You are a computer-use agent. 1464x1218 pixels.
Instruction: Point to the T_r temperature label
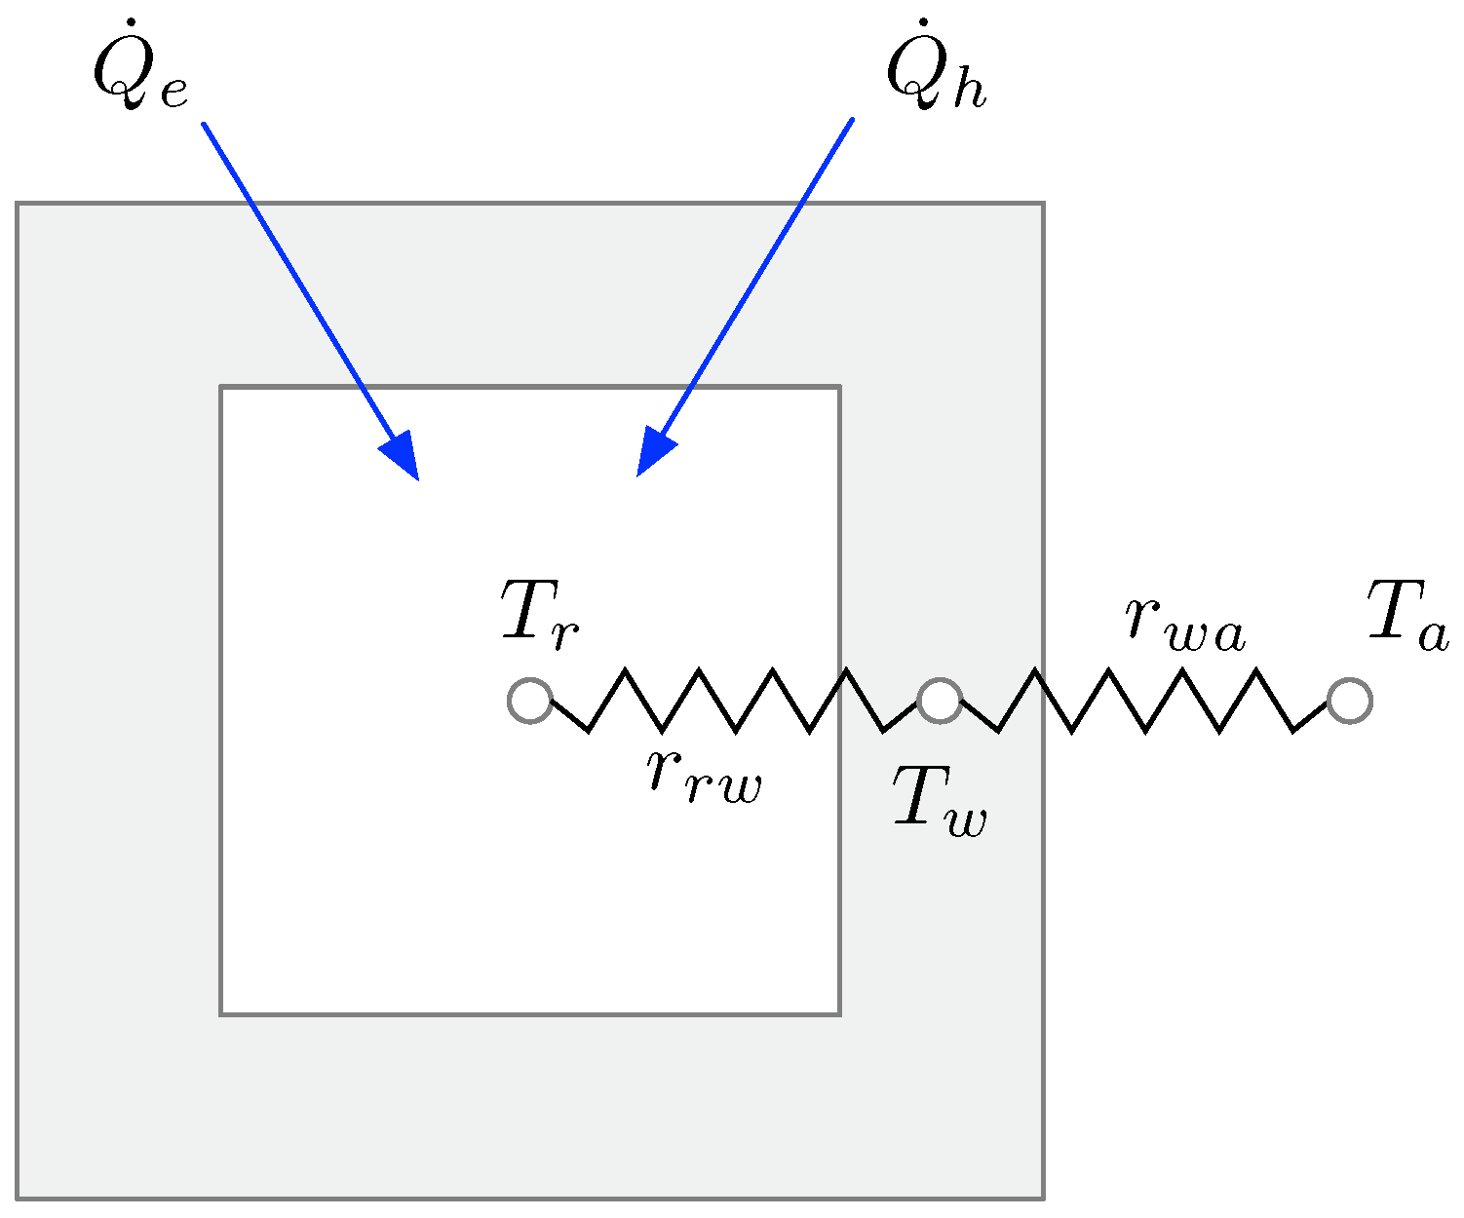[x=540, y=611]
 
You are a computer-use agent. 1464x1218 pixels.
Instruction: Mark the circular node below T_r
[x=530, y=701]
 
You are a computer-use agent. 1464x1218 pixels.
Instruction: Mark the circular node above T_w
[x=940, y=701]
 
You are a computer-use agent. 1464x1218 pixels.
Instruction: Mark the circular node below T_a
[x=1350, y=701]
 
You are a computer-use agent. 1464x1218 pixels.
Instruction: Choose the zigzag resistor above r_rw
[x=736, y=700]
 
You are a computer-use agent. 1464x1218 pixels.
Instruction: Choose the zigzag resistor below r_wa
[x=1145, y=700]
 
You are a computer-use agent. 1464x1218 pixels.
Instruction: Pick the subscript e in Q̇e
[x=173, y=92]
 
